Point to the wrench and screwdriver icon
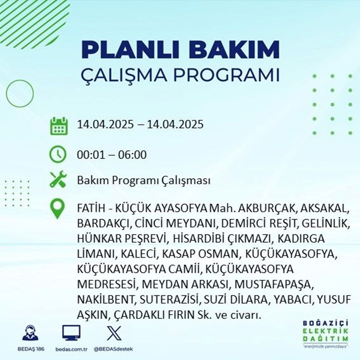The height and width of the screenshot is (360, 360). [58, 180]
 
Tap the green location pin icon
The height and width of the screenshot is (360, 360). [58, 209]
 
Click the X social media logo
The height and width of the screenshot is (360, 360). [113, 333]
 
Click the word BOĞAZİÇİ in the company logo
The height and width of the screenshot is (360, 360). [326, 322]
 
